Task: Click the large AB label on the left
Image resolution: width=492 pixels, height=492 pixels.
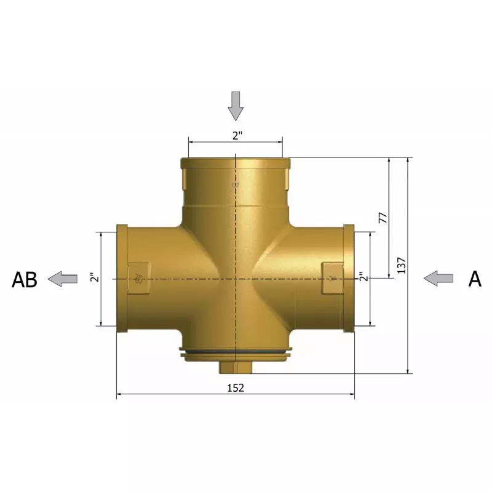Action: [x=25, y=280]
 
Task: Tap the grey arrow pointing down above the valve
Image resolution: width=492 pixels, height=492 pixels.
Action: [x=236, y=106]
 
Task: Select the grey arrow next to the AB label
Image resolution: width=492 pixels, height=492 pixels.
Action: [x=63, y=279]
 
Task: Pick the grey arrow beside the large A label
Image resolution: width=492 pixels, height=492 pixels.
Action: [x=438, y=279]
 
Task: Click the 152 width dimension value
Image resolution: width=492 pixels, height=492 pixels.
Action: [x=236, y=388]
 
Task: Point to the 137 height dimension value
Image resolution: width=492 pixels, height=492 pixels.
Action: [x=402, y=266]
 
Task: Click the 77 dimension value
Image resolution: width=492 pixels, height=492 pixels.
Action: [x=383, y=218]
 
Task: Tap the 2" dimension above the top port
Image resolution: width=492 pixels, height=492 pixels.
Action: [x=237, y=135]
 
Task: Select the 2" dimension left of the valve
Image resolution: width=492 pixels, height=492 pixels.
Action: [x=94, y=278]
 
